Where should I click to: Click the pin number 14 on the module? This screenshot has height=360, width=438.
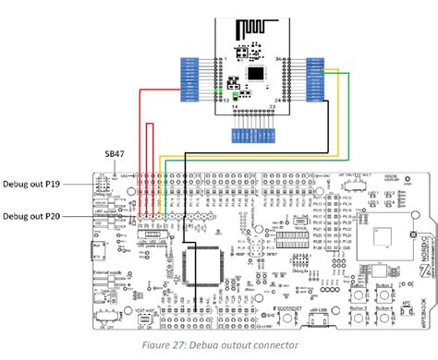tap(236, 108)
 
